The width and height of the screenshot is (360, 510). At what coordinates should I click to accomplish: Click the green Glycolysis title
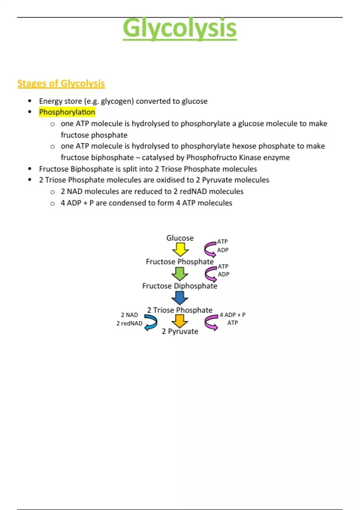click(x=180, y=28)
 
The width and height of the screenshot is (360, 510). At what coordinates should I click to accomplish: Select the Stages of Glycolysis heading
click(x=61, y=83)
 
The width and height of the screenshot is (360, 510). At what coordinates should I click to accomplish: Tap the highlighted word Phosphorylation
click(x=67, y=112)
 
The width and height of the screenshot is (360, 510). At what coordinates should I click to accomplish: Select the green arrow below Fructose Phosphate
click(x=180, y=274)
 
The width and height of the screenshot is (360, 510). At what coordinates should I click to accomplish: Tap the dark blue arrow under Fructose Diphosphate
click(x=180, y=298)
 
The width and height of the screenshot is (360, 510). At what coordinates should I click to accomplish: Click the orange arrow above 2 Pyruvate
click(x=180, y=321)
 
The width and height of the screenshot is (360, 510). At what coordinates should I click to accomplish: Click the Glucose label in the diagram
click(x=180, y=238)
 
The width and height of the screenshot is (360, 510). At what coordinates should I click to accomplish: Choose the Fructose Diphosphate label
click(x=180, y=286)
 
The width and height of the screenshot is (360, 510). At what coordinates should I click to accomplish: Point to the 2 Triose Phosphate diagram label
click(x=180, y=310)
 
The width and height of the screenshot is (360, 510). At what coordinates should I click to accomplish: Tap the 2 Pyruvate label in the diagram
click(x=180, y=331)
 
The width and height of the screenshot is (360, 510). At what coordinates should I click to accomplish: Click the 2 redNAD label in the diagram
click(x=129, y=323)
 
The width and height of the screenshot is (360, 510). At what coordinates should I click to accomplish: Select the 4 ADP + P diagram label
click(x=232, y=315)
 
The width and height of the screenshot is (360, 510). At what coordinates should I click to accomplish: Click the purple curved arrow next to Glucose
click(x=210, y=250)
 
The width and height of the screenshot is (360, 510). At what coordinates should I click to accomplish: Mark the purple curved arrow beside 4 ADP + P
click(x=211, y=322)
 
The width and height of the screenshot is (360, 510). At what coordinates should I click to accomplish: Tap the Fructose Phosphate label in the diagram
click(x=180, y=262)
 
